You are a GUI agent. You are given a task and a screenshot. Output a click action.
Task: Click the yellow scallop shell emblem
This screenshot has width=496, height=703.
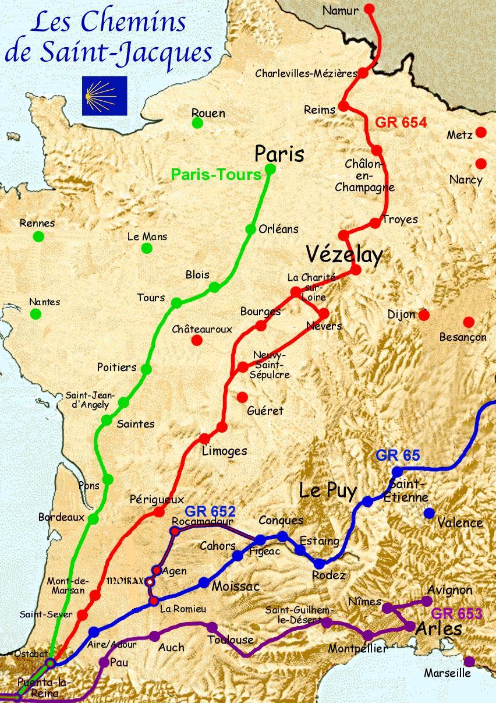tap(104, 96)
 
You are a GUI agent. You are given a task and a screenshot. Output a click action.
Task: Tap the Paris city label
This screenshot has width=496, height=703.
tap(279, 154)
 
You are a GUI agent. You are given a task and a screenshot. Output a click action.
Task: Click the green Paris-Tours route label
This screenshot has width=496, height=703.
tap(216, 175)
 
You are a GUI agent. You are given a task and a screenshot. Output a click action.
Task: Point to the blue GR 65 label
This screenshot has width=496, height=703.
tap(398, 455)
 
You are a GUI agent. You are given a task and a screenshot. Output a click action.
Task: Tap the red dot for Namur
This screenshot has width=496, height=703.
tap(369, 9)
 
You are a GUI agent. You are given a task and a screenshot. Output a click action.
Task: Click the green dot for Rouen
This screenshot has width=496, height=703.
tap(197, 123)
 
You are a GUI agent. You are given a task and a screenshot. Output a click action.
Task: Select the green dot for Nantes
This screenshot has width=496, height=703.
tap(36, 314)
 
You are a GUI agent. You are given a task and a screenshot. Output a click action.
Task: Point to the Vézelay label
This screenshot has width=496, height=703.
tap(344, 255)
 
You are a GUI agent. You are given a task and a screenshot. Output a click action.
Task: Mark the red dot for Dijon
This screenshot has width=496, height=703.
tap(424, 315)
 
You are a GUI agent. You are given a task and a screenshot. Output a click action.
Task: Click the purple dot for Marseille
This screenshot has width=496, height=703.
tap(469, 661)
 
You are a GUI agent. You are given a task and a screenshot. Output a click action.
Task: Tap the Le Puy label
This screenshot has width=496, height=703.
tap(327, 490)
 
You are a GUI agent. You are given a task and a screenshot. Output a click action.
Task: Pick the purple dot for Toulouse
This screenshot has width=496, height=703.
tap(212, 627)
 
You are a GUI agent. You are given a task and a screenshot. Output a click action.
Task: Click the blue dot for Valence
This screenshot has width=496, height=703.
tap(429, 513)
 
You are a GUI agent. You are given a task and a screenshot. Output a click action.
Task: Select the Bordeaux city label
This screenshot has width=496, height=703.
tap(61, 517)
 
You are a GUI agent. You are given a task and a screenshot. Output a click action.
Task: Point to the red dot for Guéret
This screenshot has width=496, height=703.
tap(242, 397)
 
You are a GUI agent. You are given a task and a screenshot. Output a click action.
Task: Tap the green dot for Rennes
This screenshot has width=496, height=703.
tap(38, 236)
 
